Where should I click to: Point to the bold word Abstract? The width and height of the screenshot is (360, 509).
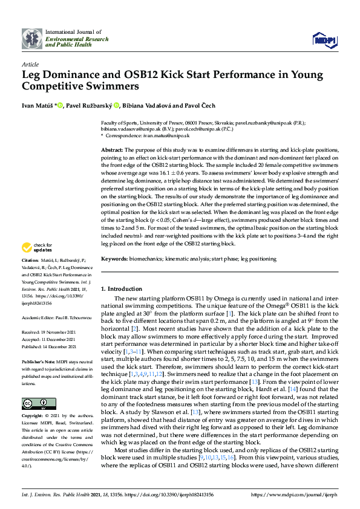[111, 149]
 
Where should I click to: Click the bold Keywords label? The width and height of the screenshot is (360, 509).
[114, 259]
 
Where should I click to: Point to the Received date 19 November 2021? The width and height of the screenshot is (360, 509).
[61, 332]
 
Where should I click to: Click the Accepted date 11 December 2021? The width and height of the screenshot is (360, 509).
[61, 339]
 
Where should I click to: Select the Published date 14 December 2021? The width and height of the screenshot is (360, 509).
[62, 346]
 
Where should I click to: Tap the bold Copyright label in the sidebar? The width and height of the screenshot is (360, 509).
[33, 416]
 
